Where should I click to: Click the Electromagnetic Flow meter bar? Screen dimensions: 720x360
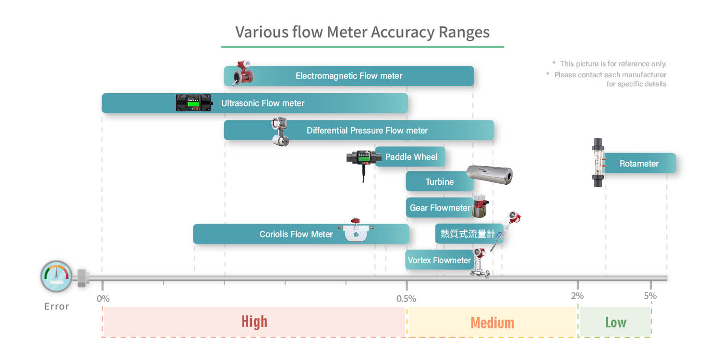click(349, 76)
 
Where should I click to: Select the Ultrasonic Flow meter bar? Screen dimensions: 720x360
click(254, 103)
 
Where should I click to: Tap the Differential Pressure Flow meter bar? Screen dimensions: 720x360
click(359, 130)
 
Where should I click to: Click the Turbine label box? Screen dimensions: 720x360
click(440, 181)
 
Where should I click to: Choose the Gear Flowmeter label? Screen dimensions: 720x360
click(440, 208)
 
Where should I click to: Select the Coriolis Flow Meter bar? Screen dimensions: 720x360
click(301, 234)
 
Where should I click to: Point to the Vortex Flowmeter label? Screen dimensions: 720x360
click(439, 260)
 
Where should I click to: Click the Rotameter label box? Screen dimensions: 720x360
click(640, 163)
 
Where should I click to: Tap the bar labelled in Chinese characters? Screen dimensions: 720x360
click(469, 234)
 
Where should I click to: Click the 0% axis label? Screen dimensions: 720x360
click(103, 299)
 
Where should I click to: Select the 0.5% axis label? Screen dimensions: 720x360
click(406, 299)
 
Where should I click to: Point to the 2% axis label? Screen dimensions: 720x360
click(577, 296)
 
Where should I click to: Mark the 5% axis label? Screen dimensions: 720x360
click(650, 296)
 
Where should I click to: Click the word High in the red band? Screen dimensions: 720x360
click(254, 322)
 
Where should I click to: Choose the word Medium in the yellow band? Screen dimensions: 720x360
click(492, 323)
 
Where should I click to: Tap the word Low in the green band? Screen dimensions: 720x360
click(616, 323)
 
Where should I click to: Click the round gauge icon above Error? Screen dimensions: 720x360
click(56, 276)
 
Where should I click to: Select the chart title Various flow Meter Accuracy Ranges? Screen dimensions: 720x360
click(362, 32)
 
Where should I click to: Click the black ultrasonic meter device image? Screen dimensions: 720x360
click(194, 103)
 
